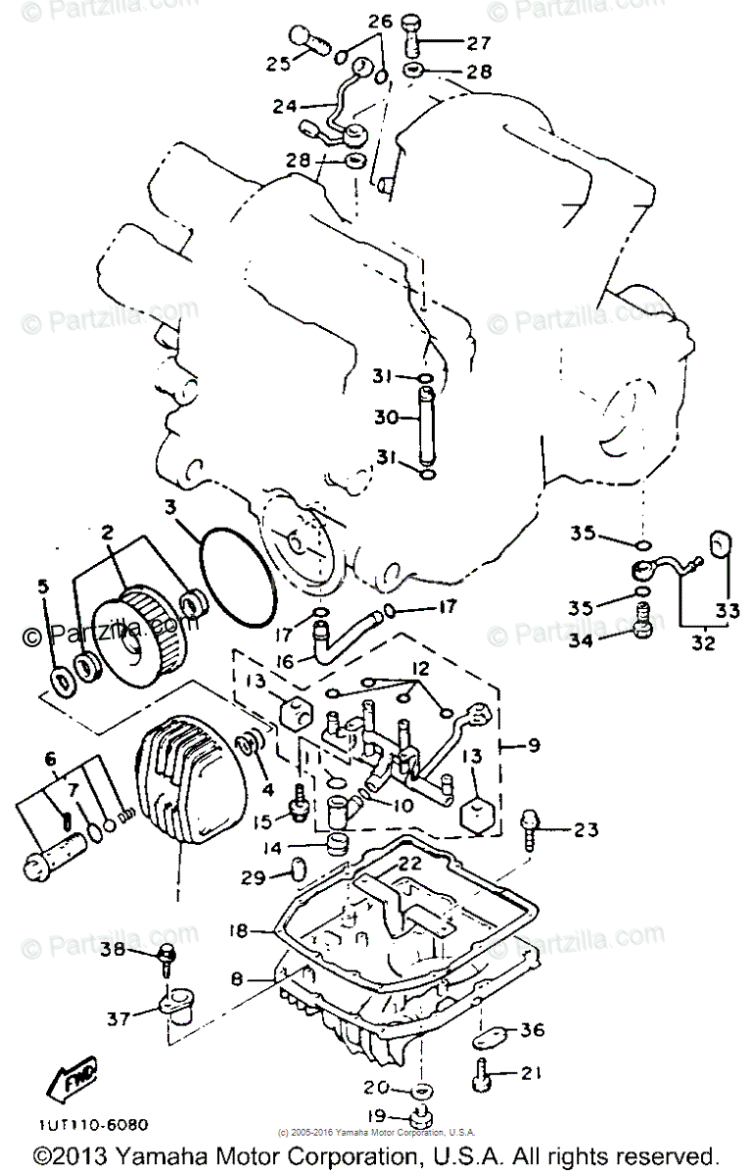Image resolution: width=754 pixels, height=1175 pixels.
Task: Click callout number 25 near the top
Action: (278, 65)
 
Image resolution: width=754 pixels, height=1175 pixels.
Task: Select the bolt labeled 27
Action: (412, 35)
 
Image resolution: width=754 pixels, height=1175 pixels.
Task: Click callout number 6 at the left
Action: (51, 758)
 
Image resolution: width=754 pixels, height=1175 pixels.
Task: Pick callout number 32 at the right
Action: (703, 644)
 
